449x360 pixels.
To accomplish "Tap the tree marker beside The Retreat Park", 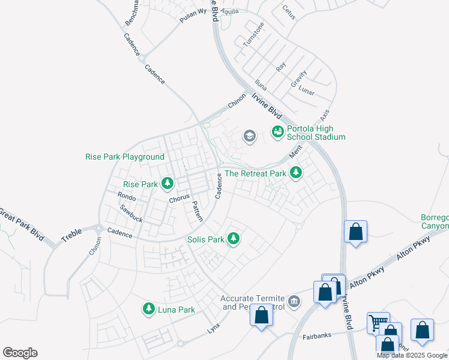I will [295, 173].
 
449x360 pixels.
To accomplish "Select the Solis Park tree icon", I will [234, 239].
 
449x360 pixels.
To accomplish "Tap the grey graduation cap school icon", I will [249, 137].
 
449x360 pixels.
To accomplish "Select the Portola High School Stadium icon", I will [277, 131].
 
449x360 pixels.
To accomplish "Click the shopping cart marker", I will [378, 322].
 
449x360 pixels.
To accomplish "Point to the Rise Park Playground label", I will [124, 157].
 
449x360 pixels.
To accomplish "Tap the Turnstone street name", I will [253, 35].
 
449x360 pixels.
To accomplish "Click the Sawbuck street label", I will [130, 214].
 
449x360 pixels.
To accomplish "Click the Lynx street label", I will [214, 329].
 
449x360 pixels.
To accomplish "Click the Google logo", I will [20, 353].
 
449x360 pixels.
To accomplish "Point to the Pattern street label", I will [197, 211].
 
